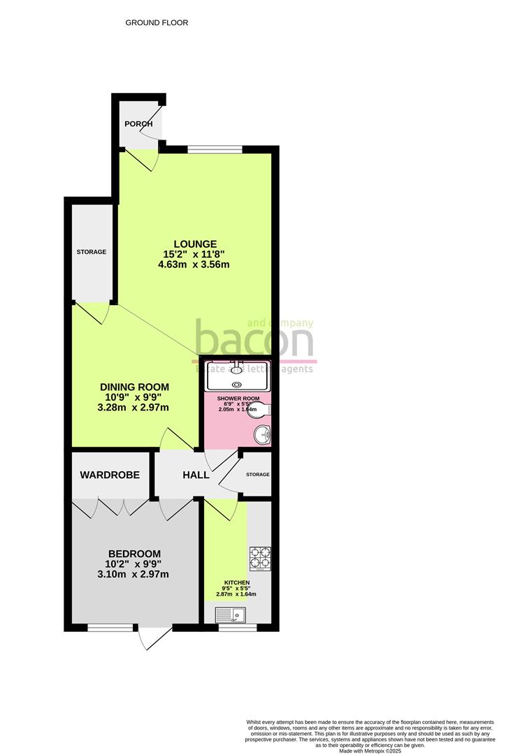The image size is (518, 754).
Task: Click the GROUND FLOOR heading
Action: [x=157, y=22]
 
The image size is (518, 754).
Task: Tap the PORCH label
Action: [x=138, y=124]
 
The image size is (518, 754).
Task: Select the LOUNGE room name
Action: [x=196, y=244]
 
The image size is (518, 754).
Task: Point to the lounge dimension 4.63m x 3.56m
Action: [x=196, y=265]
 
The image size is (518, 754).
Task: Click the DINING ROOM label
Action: [x=134, y=387]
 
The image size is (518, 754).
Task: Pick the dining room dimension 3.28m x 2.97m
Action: [x=134, y=407]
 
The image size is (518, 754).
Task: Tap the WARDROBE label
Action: [x=110, y=475]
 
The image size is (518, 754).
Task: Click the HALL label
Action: [x=196, y=475]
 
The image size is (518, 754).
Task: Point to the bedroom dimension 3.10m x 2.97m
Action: [x=137, y=575]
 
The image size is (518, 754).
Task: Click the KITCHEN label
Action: [x=236, y=582]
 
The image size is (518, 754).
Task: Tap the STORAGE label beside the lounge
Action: [x=92, y=251]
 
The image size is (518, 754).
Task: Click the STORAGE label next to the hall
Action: [x=257, y=475]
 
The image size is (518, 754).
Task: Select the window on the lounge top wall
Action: [x=215, y=149]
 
